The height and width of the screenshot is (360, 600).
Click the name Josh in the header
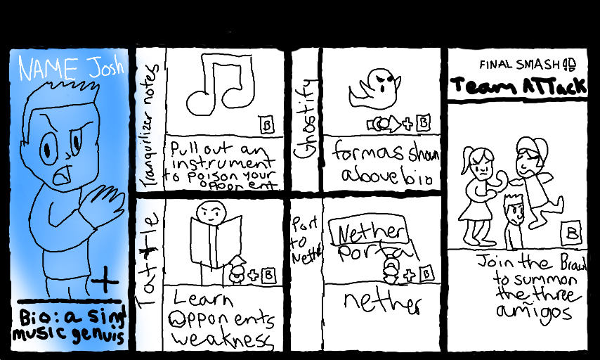click(104, 68)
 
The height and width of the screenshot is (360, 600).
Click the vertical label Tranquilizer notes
click(149, 120)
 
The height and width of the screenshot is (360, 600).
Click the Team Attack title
click(518, 86)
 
